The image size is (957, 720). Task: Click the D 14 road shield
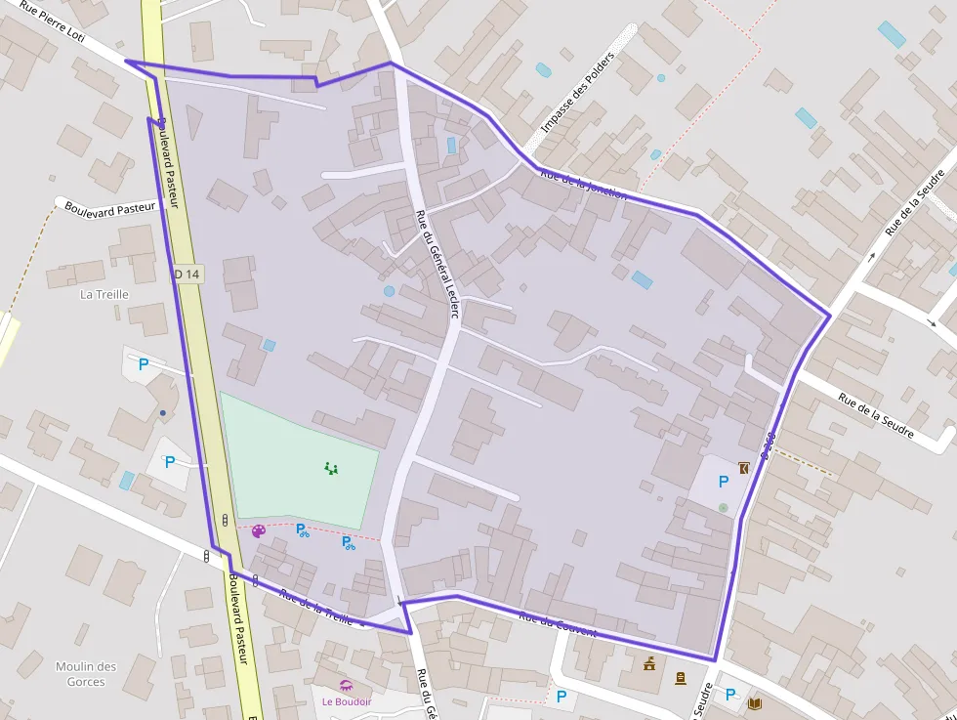(x=187, y=275)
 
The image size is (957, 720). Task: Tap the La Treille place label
(x=104, y=294)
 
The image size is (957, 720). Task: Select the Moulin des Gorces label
(x=86, y=674)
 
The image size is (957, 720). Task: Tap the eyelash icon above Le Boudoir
(x=345, y=685)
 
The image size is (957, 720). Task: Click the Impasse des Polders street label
(x=577, y=93)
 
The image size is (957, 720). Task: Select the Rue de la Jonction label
(x=583, y=183)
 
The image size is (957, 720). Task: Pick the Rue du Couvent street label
(x=558, y=623)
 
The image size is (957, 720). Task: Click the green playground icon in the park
(x=331, y=469)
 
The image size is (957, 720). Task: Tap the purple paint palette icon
(x=258, y=531)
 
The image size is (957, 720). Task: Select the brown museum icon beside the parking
(x=745, y=468)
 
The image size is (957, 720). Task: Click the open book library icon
(x=754, y=702)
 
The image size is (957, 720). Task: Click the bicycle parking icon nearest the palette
(x=302, y=529)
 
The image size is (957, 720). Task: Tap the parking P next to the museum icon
(x=724, y=481)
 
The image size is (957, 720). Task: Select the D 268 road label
(x=768, y=445)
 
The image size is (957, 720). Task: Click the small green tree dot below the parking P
(x=723, y=507)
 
